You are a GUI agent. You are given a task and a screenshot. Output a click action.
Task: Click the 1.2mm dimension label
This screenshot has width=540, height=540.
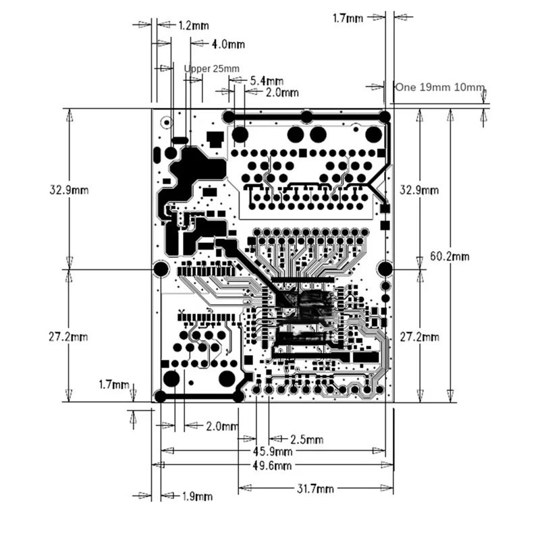click(x=194, y=25)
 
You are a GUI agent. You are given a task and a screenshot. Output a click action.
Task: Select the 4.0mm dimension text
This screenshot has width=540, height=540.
click(x=228, y=45)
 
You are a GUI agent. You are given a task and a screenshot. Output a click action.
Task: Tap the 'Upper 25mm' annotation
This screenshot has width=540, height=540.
click(x=211, y=69)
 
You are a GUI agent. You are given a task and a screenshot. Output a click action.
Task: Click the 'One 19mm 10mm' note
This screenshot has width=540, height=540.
click(x=440, y=87)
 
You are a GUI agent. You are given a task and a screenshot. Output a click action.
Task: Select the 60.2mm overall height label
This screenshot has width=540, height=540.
click(x=450, y=256)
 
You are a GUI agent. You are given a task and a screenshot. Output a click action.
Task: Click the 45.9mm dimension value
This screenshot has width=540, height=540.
click(x=273, y=451)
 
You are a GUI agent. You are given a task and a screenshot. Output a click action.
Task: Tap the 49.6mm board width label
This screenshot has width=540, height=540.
click(x=273, y=465)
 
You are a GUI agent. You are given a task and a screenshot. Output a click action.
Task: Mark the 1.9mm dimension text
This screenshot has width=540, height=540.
click(x=197, y=496)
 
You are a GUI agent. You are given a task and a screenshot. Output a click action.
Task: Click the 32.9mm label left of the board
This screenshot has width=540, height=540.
click(x=69, y=190)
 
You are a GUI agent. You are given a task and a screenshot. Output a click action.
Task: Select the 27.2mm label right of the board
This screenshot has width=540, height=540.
click(x=419, y=336)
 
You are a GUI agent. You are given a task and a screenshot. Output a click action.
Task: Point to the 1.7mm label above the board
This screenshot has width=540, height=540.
click(x=348, y=18)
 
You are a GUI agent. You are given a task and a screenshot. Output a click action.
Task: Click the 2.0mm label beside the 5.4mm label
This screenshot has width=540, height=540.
click(x=281, y=92)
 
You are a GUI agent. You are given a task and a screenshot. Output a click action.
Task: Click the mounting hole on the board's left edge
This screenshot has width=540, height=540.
click(x=161, y=269)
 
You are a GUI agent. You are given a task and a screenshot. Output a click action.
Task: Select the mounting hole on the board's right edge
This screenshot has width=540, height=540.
click(x=384, y=269)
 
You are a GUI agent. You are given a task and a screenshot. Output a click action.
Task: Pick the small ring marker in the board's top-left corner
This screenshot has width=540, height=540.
click(x=165, y=123)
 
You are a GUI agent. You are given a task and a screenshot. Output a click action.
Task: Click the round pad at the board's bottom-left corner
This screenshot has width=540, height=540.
click(x=161, y=396)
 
